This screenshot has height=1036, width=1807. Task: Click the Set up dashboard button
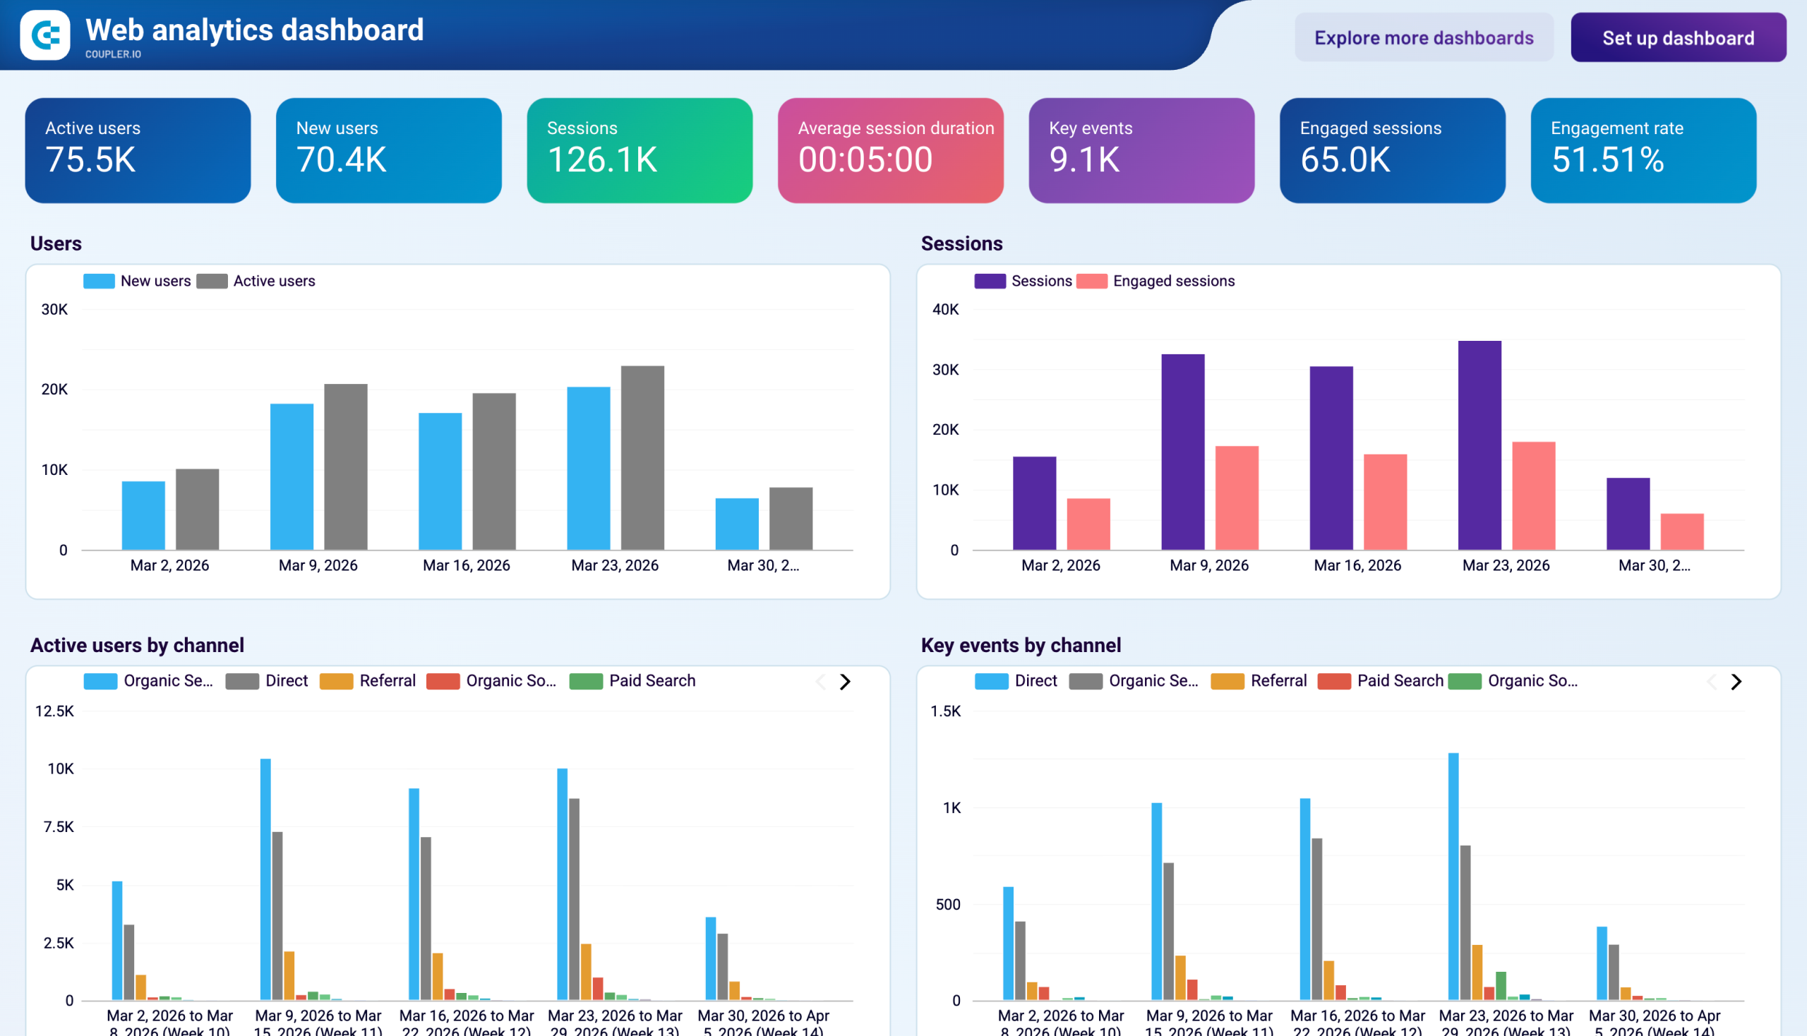tap(1677, 37)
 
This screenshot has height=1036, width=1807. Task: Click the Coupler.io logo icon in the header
tap(45, 35)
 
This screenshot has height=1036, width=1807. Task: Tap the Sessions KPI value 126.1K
tap(602, 159)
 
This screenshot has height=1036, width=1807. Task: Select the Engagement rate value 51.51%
tap(1607, 159)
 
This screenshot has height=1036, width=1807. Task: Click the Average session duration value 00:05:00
tap(865, 159)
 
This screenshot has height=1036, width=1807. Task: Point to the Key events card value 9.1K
tap(1084, 159)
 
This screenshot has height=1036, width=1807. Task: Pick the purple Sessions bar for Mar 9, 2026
tap(1182, 452)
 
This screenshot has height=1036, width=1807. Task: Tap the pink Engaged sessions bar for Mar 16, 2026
tap(1384, 502)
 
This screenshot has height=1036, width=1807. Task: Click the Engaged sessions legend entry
tap(1173, 281)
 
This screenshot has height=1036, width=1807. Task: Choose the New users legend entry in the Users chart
tap(155, 281)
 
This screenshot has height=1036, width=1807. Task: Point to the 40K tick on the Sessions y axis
tap(945, 310)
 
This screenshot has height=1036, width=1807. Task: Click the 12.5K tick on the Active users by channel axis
tap(55, 711)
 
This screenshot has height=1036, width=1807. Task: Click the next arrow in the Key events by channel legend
tap(1736, 682)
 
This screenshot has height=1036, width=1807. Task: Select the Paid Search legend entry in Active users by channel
tap(652, 681)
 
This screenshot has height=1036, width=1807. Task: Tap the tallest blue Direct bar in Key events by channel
tap(1453, 876)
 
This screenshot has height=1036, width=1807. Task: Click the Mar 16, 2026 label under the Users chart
tap(466, 565)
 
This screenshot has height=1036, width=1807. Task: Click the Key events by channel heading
tap(1020, 644)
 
